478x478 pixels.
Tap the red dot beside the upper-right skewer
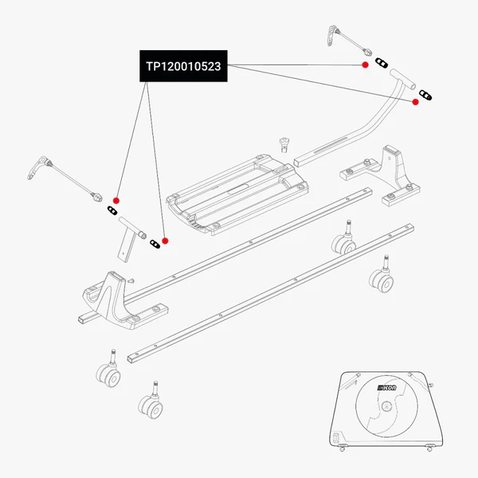364,64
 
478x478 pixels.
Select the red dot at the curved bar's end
415,102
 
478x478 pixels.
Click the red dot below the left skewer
116,200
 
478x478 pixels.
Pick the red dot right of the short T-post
165,241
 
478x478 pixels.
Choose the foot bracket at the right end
382,171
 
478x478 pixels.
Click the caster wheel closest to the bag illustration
380,278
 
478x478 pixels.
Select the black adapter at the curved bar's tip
428,96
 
